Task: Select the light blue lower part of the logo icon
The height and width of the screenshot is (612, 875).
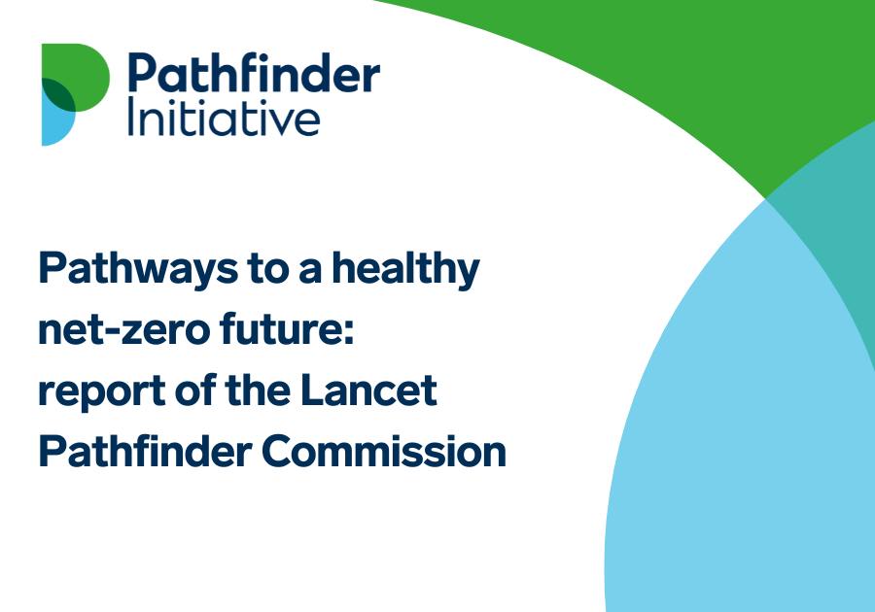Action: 52,126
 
